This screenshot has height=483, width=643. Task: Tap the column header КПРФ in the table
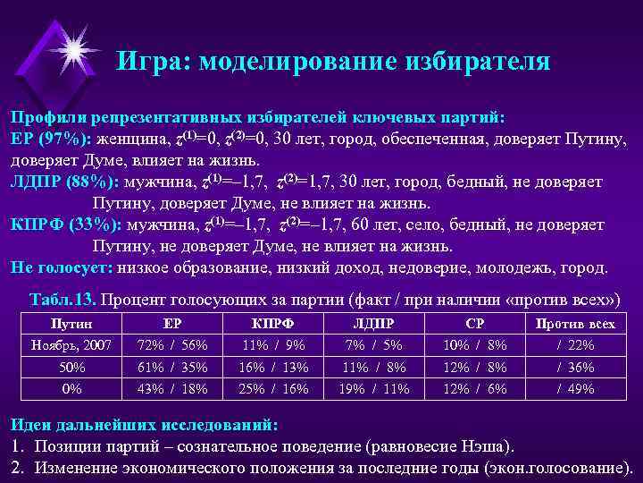[x=273, y=324]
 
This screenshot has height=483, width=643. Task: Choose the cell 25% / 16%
[x=273, y=389]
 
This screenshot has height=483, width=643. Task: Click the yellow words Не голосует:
[x=62, y=267]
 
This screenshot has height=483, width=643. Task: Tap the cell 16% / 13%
[x=273, y=367]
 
